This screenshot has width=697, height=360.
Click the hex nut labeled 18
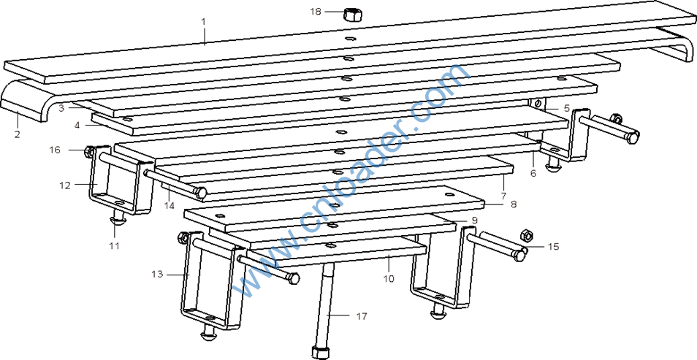[x=352, y=14]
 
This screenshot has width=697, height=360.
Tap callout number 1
[x=204, y=21]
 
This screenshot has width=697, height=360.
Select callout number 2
[x=17, y=134]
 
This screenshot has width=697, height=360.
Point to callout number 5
[x=566, y=108]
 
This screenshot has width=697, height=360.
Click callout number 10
[x=389, y=279]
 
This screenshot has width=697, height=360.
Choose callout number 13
[x=157, y=275]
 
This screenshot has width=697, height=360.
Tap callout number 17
[x=362, y=316]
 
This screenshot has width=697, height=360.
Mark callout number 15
[x=553, y=246]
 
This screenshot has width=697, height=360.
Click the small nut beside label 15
[x=526, y=234]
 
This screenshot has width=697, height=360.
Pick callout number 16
[x=55, y=150]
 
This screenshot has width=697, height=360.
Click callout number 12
[x=64, y=185]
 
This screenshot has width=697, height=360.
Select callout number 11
[x=115, y=245]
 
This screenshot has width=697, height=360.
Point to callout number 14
[x=169, y=205]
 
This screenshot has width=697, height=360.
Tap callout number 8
[x=514, y=204]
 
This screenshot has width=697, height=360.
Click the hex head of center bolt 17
[x=321, y=352]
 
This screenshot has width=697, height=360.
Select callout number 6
[x=533, y=173]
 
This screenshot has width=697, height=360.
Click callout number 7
[x=503, y=195]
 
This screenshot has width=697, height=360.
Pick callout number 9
[x=474, y=220]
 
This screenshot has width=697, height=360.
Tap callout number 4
[x=77, y=126]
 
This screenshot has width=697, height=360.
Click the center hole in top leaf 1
[x=350, y=38]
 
